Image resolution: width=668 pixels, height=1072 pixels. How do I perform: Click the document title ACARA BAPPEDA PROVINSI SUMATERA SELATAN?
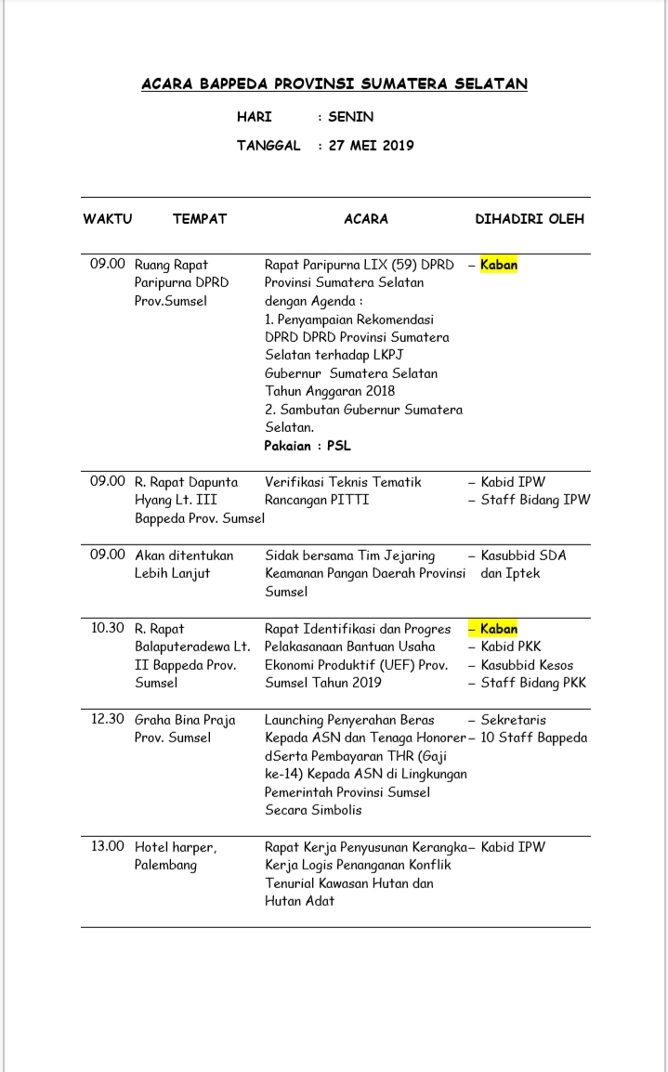tap(334, 85)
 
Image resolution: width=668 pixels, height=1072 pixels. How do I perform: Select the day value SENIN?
tap(350, 117)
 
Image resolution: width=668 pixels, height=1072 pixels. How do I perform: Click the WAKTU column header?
tap(108, 219)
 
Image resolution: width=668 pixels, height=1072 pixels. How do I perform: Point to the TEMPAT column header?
tap(200, 219)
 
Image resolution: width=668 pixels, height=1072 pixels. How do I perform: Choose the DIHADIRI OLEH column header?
tap(530, 219)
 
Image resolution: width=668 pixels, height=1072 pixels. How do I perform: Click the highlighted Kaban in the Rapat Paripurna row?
tap(499, 265)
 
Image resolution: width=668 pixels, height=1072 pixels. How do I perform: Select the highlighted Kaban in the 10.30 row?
tap(499, 629)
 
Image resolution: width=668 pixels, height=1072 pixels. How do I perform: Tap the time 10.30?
tap(108, 628)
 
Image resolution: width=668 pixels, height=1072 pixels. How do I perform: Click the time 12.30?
tap(108, 720)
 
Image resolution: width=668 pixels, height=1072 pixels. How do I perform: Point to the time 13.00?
tap(108, 847)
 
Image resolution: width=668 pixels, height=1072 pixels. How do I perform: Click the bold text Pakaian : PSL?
tap(308, 446)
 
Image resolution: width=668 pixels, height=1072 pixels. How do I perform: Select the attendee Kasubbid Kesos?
tap(527, 665)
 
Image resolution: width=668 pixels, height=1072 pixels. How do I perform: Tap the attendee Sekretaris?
tap(513, 720)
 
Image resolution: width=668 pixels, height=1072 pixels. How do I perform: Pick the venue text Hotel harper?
tap(176, 847)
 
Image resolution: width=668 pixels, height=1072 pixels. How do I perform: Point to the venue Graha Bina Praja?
tap(185, 720)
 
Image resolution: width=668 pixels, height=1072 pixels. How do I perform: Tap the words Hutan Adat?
tap(299, 901)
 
